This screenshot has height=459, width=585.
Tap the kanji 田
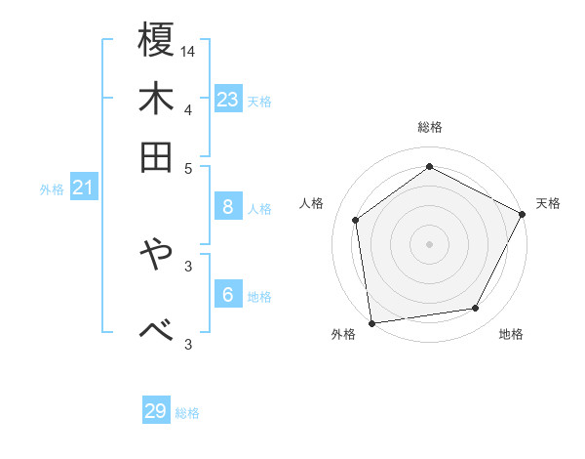tap(157, 156)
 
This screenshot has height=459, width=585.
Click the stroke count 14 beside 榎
tap(188, 51)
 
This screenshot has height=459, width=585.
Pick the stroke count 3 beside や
tap(188, 265)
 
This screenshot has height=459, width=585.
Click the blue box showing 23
tap(228, 99)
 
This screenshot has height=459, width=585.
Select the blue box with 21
tap(82, 187)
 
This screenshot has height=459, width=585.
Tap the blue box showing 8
tap(228, 206)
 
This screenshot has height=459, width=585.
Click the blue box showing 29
tap(156, 411)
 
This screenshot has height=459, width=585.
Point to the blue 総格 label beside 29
tap(187, 413)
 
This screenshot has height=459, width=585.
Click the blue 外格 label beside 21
tap(52, 189)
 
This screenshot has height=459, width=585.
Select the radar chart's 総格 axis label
tap(430, 127)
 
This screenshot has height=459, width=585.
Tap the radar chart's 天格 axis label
tap(548, 203)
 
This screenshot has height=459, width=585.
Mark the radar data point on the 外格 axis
tap(370, 322)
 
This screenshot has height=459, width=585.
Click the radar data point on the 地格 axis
tap(476, 309)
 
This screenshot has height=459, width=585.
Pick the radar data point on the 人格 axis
tap(356, 220)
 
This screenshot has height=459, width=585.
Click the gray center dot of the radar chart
tap(430, 243)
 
